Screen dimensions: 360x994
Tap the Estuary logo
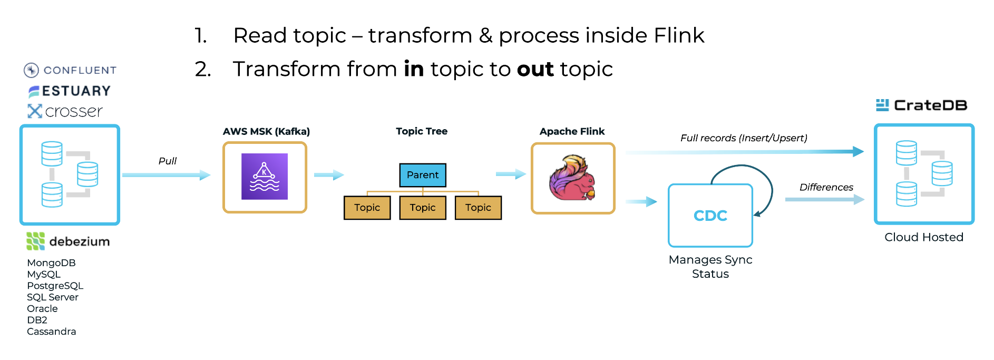70,91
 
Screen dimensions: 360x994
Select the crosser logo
65,111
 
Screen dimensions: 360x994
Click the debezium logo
69,241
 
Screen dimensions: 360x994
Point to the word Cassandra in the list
52,332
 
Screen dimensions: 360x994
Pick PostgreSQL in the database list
55,286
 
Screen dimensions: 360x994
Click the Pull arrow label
168,161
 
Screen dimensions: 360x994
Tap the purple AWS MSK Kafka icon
265,177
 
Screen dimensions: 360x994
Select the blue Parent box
423,175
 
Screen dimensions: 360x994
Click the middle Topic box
423,208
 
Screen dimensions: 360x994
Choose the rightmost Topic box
478,208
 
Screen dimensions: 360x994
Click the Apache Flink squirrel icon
572,178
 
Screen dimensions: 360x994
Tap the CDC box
710,215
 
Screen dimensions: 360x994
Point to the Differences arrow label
826,187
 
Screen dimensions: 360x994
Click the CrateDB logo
922,105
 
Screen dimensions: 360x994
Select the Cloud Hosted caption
924,237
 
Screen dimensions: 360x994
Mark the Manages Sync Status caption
710,267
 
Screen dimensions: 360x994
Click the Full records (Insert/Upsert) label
744,138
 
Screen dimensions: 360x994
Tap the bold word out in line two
535,70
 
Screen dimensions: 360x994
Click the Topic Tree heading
422,131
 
